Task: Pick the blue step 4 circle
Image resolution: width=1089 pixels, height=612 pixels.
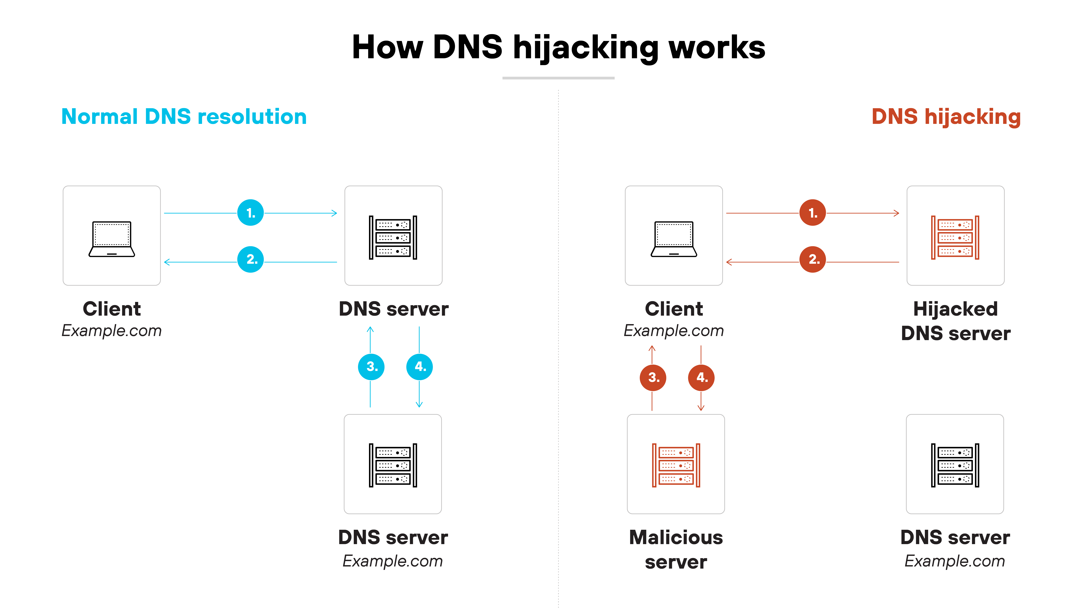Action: [419, 367]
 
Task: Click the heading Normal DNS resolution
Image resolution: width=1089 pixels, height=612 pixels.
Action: [184, 117]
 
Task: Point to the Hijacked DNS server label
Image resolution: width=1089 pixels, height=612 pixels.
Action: [955, 321]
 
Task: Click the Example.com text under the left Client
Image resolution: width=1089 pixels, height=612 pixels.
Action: [112, 331]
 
